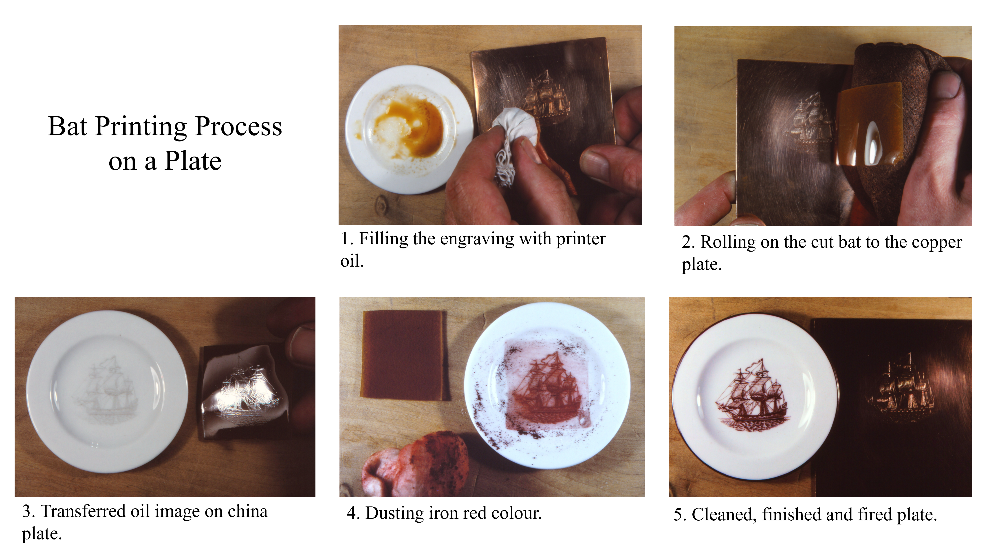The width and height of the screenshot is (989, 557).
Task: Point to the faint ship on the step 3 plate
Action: [x=109, y=388]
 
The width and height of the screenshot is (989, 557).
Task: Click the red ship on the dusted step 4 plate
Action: [x=547, y=386]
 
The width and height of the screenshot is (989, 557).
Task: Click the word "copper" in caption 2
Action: [x=937, y=242]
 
